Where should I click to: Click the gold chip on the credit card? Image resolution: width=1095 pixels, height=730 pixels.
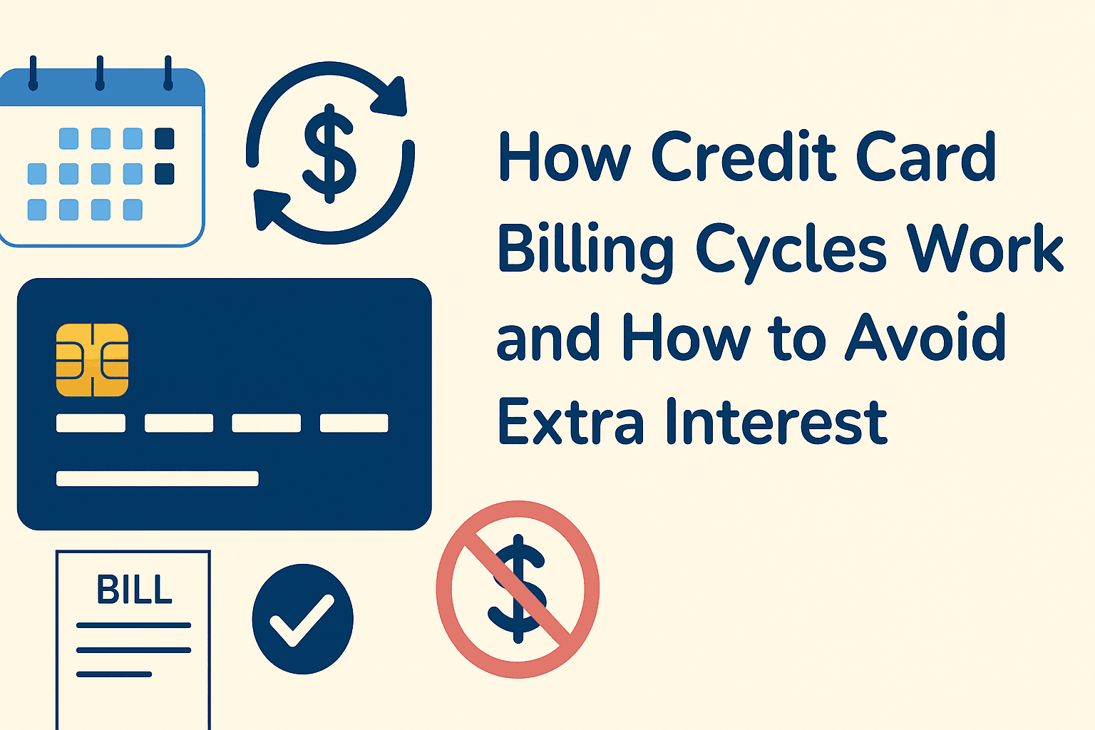pos(92,359)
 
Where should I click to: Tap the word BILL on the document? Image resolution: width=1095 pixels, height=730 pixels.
pos(134,590)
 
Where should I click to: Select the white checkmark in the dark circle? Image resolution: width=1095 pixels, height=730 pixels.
pos(302,619)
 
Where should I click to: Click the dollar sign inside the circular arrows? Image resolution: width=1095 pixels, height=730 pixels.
pos(329,153)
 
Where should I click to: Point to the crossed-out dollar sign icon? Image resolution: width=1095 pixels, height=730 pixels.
pos(518,589)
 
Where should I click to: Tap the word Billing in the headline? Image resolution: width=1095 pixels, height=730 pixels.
pos(585,250)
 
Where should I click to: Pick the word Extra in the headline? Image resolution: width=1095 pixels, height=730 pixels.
pos(570,422)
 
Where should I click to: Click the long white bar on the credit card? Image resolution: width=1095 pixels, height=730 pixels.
pos(157,478)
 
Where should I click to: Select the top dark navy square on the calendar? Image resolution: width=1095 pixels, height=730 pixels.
pos(164,138)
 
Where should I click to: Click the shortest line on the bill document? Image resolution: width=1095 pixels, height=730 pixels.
pos(114,674)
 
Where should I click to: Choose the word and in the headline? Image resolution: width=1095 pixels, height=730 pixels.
pos(547,338)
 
